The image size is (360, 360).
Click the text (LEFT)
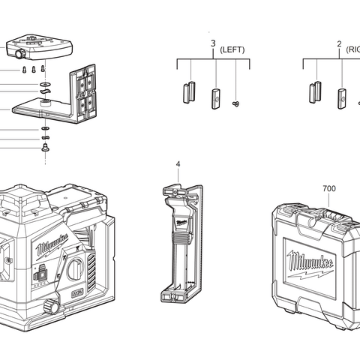coord(232,49)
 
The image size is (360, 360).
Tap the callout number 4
coord(178,163)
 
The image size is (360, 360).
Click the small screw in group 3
coord(237,103)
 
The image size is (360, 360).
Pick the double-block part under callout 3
coord(188,92)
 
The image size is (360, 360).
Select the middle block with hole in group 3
coord(216,97)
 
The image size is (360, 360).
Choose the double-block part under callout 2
coord(314,92)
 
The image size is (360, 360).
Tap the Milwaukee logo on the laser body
coord(51,244)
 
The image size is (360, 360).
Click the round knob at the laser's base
coord(52,307)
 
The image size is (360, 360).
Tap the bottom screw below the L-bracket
coord(45,148)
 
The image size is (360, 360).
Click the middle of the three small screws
coord(34,69)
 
